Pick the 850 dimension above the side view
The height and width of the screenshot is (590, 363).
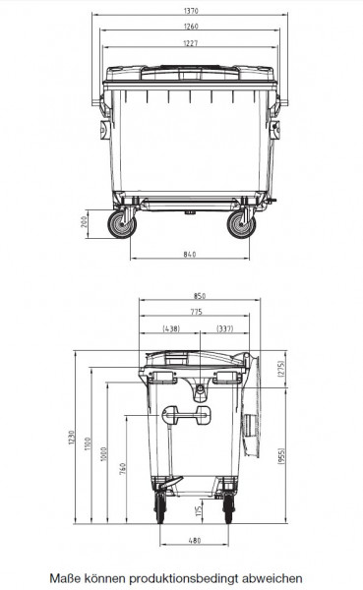[x=200, y=296]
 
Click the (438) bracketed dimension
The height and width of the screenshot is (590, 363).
[x=170, y=328]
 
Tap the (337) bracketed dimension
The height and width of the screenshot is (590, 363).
[x=225, y=328]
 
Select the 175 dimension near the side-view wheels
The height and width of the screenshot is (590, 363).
[x=198, y=509]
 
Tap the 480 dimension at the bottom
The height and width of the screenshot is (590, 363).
[x=194, y=540]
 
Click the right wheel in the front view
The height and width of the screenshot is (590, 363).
[x=239, y=224]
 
